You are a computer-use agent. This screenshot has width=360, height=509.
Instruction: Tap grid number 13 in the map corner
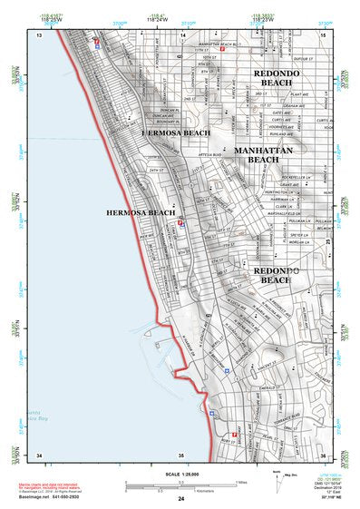pos(40,34)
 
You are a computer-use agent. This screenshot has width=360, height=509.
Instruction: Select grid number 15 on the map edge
pos(324,34)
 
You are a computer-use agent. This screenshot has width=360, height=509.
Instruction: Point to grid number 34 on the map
pos(39,454)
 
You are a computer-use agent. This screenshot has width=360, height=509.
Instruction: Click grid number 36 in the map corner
pos(324,454)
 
